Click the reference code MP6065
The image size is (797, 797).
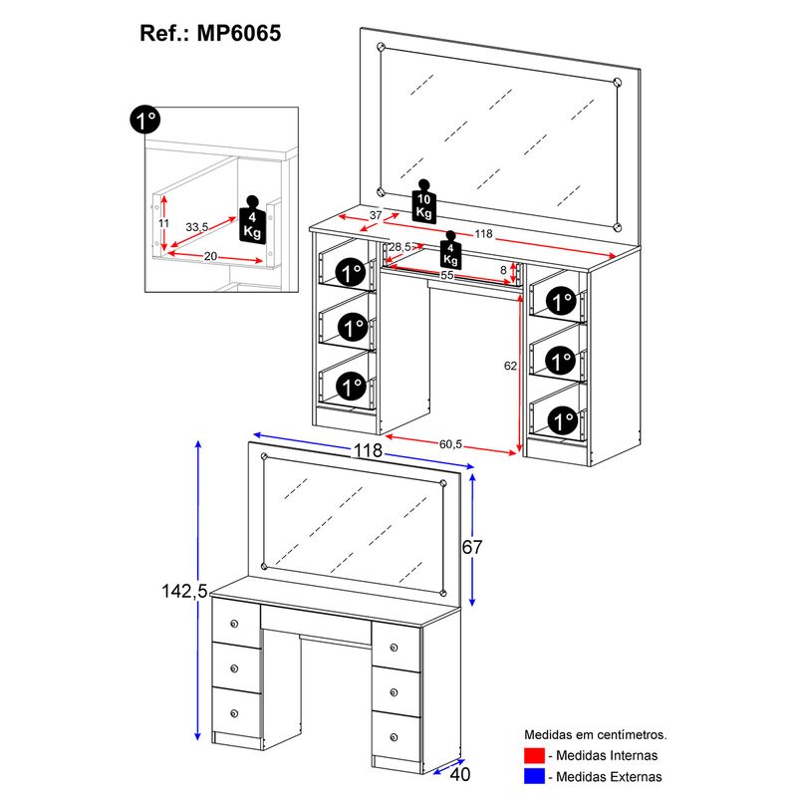coord(238,34)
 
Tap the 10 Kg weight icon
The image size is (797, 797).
coord(424,201)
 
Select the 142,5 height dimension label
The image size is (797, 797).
coord(184,591)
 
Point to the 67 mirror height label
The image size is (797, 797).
coord(472,547)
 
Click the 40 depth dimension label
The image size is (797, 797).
coord(460,774)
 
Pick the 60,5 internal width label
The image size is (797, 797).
coord(450,444)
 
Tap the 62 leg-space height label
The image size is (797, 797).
coord(510,366)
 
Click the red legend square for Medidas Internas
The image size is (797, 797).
coord(534,755)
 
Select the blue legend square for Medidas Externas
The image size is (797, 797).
coord(534,776)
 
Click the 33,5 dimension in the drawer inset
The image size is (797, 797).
coord(196,227)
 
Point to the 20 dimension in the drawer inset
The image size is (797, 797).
coord(210,257)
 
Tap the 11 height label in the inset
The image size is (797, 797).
coord(163,223)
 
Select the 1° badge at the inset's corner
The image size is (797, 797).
coord(144,120)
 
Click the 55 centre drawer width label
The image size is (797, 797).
coord(446,276)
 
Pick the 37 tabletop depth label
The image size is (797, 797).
coord(376,215)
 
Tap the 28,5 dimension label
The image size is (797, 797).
coord(400,247)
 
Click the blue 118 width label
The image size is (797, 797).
coord(368,450)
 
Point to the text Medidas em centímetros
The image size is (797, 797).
coord(595,734)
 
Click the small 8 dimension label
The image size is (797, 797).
coord(503,270)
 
